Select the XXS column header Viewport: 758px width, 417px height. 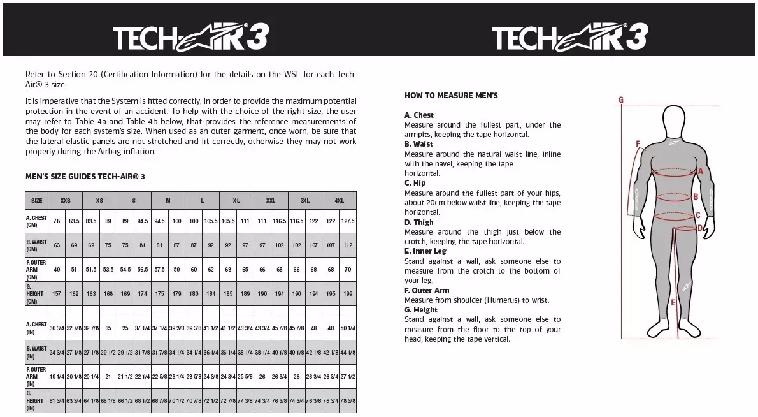[x=66, y=200]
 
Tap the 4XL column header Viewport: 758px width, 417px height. [x=340, y=200]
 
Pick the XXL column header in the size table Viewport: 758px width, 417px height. [x=271, y=200]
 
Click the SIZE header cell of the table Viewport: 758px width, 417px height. [x=37, y=200]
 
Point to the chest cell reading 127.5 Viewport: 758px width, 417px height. [x=348, y=221]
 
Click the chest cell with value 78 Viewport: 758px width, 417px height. [x=57, y=221]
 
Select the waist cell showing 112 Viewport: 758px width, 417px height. [x=348, y=245]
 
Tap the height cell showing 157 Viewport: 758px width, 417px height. [x=57, y=294]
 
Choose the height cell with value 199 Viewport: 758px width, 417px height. [x=348, y=294]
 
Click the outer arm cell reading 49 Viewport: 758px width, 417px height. [x=57, y=270]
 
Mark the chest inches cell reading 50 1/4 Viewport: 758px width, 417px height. [x=348, y=328]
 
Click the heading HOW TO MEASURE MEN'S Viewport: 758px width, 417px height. [x=451, y=96]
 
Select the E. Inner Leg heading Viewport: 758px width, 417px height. [x=425, y=251]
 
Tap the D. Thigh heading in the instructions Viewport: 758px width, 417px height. [x=419, y=222]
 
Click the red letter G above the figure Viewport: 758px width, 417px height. [x=621, y=99]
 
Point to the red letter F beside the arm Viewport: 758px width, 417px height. [x=638, y=143]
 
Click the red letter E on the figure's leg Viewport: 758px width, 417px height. [x=673, y=302]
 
